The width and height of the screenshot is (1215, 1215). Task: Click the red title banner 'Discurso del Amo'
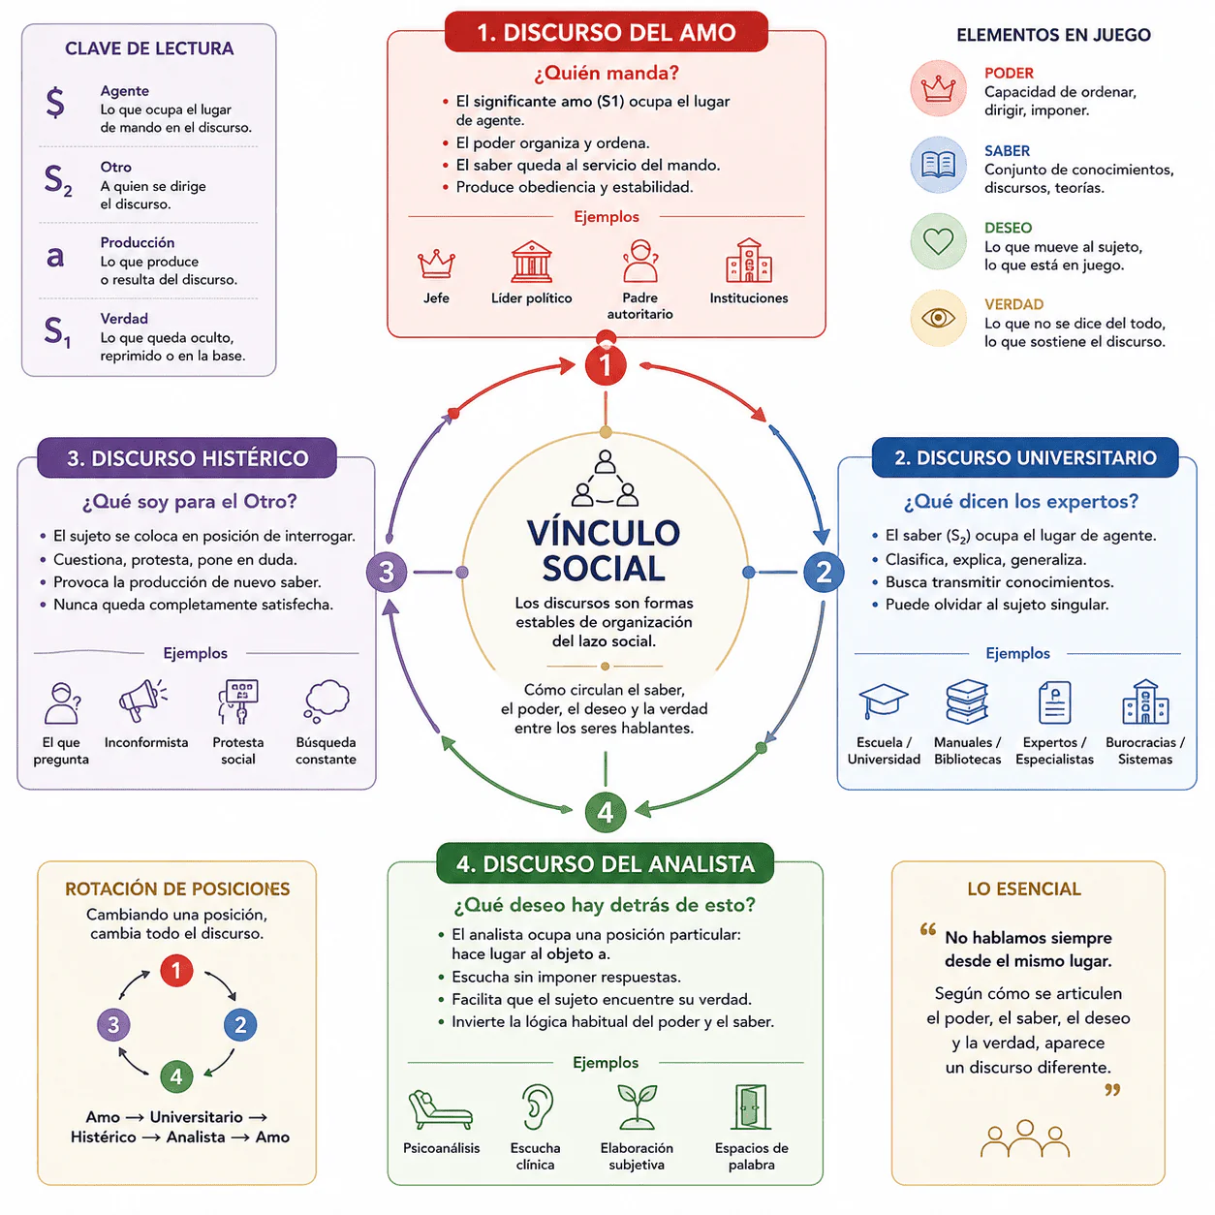(x=606, y=32)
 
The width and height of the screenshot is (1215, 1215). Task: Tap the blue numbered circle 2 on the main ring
(x=823, y=572)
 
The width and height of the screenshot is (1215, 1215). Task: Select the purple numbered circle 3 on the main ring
(x=386, y=572)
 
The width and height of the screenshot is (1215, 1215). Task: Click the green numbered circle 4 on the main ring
(x=605, y=812)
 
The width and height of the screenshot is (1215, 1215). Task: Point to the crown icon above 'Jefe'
(x=436, y=264)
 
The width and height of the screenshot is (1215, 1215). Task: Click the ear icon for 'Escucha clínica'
(x=537, y=1107)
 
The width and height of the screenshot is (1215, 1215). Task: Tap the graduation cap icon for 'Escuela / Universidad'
(x=883, y=701)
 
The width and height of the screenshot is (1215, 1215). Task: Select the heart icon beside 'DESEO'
(x=938, y=241)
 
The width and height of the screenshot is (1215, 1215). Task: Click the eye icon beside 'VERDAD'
(x=938, y=318)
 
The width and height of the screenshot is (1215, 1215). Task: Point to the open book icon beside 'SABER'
(x=938, y=165)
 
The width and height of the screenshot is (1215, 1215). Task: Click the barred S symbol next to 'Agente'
(x=55, y=103)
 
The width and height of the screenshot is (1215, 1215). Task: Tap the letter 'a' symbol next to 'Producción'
(x=55, y=257)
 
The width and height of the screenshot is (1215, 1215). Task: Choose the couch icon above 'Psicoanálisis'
(x=440, y=1109)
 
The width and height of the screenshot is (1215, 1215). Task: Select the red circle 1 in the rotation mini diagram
(x=176, y=971)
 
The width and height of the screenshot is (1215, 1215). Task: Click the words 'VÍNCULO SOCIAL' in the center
(x=604, y=550)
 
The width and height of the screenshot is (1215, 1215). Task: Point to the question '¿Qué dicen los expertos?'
(x=1020, y=501)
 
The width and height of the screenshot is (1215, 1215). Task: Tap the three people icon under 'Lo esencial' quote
(x=1024, y=1138)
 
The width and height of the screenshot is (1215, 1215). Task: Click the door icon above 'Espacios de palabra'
(x=750, y=1107)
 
